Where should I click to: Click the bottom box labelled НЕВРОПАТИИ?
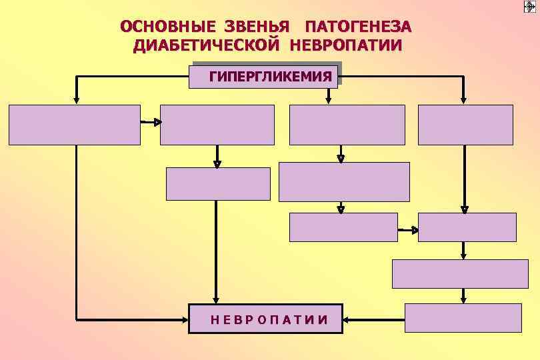[x=266, y=319]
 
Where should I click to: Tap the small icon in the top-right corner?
[x=530, y=7]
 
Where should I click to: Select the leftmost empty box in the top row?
[x=75, y=125]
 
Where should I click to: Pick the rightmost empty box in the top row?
[x=465, y=125]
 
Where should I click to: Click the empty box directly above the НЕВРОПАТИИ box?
[x=218, y=184]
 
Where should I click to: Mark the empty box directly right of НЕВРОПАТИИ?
[x=463, y=318]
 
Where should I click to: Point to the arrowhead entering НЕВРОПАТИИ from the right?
[x=347, y=319]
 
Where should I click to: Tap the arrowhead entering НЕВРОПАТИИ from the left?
[x=185, y=319]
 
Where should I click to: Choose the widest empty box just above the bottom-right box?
[x=460, y=273]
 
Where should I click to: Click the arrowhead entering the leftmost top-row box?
[x=77, y=100]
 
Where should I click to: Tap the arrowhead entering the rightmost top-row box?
[x=464, y=100]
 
